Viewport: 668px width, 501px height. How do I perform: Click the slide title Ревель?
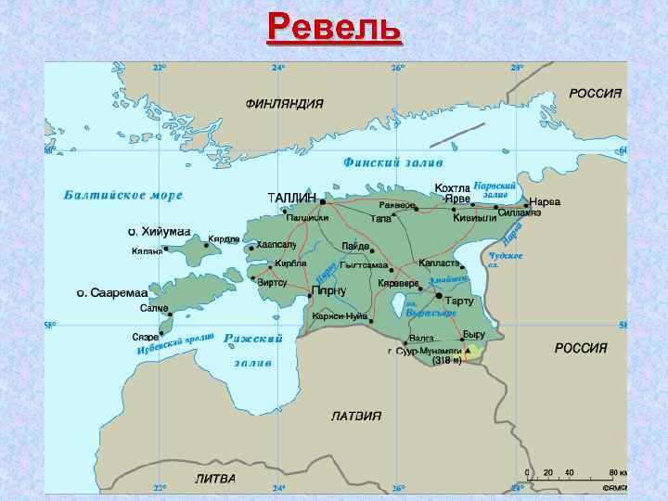coord(334,29)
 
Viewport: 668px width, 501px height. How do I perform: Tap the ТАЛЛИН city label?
coord(291,199)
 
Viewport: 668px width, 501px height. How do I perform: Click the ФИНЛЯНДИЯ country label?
coord(284,104)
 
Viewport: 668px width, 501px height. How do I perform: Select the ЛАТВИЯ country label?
coord(357,416)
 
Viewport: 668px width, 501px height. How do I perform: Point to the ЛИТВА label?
coord(215,479)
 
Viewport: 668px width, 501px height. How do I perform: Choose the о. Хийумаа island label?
coord(159,231)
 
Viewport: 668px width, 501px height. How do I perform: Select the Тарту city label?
coord(459,302)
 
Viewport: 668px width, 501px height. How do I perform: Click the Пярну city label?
coord(328,290)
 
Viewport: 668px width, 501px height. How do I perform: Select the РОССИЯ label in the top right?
coord(595,95)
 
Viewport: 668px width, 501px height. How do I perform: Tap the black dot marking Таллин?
coord(322,200)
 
